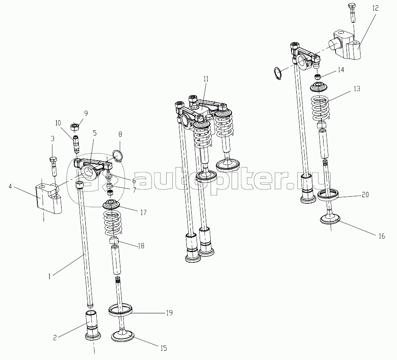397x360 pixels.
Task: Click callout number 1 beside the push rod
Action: (50, 276)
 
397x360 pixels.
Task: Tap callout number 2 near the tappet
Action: (55, 338)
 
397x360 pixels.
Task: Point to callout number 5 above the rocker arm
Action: (95, 133)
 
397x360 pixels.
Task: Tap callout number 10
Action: (58, 123)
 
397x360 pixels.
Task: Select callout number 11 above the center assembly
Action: (206, 79)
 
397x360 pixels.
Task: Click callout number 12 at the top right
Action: (375, 8)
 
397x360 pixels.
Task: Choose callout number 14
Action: (341, 70)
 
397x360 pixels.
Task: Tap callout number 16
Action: (381, 236)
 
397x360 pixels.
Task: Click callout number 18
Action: (141, 246)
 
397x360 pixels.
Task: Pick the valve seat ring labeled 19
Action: (121, 310)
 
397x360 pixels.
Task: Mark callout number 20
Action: (365, 195)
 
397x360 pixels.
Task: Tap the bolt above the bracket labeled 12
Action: (352, 12)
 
